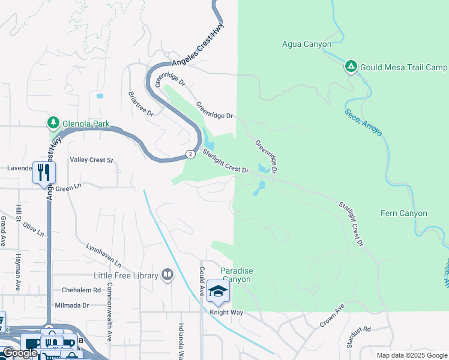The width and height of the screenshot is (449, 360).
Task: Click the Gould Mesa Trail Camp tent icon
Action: (x=351, y=67)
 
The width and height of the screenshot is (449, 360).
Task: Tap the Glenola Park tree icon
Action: (x=53, y=124)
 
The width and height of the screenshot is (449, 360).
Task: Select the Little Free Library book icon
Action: (x=167, y=275)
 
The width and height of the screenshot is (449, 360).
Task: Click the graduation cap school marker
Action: (x=218, y=291)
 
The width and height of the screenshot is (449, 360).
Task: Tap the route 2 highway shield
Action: (x=190, y=154)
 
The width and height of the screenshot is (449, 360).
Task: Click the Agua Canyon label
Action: (x=307, y=44)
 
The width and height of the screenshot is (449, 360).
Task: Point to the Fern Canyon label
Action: (x=404, y=213)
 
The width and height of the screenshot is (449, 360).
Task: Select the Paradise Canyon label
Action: (x=237, y=275)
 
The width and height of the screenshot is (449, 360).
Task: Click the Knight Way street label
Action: (x=226, y=313)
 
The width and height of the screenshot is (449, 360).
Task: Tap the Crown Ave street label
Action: (x=332, y=316)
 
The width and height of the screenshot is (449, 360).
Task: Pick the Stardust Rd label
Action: (x=359, y=329)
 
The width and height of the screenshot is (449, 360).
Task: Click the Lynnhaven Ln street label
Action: (x=103, y=256)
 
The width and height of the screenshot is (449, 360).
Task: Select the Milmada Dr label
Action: (x=72, y=305)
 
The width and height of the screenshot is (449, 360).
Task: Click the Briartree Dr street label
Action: (x=141, y=104)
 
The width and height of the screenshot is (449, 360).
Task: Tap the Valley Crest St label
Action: (x=91, y=160)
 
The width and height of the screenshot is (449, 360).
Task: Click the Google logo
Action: (x=19, y=353)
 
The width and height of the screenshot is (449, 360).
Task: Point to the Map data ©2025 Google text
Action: (x=411, y=355)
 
